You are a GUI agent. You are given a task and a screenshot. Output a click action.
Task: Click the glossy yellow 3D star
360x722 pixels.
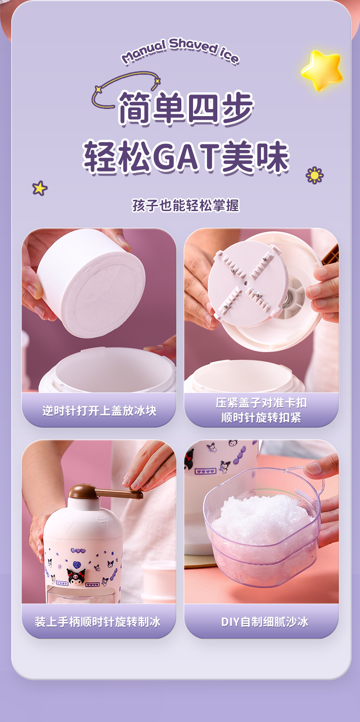tap(322, 70)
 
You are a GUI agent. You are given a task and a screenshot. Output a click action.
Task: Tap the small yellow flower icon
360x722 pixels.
tap(315, 176)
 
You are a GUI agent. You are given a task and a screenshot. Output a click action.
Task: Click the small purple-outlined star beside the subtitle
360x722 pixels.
tap(40, 188)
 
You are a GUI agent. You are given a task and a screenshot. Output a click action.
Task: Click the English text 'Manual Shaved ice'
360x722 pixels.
tap(180, 51)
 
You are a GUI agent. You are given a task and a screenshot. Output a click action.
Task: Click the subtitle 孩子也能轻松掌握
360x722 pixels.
tap(186, 206)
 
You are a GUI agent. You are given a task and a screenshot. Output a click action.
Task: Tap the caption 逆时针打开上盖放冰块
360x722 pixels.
tap(99, 411)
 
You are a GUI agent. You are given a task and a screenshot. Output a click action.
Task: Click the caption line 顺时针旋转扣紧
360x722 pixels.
tap(261, 418)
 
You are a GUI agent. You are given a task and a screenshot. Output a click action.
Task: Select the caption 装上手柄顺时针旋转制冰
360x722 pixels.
tap(98, 622)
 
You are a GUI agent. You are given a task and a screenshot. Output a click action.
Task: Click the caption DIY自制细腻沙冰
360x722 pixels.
tap(265, 622)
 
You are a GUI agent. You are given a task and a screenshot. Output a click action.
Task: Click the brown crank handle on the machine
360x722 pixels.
tap(106, 492)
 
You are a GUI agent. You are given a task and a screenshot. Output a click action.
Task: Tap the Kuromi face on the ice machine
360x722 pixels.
tap(76, 577)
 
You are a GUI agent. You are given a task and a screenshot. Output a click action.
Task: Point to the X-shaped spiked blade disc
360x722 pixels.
tap(247, 283)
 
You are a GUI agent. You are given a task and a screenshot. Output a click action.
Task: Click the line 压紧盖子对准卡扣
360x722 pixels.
tap(261, 403)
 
